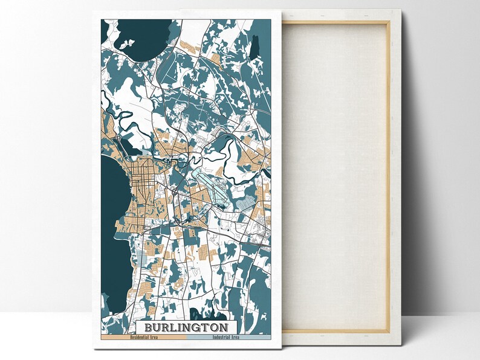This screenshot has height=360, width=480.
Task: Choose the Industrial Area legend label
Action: (225, 337)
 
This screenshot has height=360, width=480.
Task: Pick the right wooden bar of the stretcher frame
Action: (388, 175)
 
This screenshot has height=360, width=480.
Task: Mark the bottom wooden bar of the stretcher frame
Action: (336, 330)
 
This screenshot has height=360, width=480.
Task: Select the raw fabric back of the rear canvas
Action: (336, 175)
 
